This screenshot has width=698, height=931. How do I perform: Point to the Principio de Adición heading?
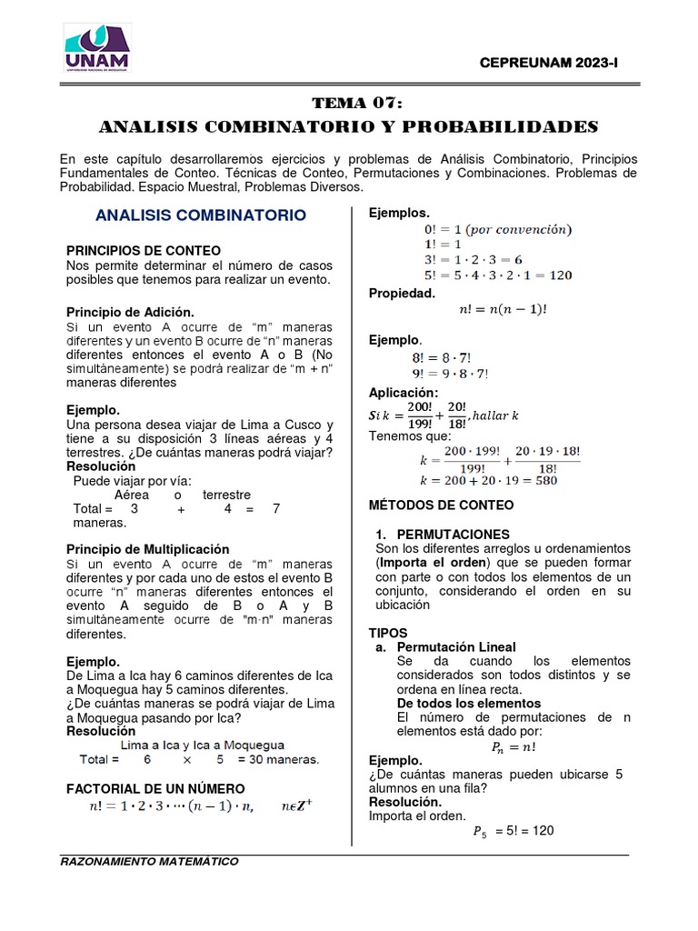click(131, 312)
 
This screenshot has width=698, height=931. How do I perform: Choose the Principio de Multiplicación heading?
click(148, 549)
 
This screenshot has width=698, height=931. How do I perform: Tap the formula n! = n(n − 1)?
click(504, 309)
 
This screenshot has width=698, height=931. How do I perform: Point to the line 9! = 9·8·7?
click(451, 373)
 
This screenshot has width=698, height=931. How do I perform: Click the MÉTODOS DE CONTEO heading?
click(441, 505)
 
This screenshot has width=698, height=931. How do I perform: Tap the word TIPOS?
click(388, 632)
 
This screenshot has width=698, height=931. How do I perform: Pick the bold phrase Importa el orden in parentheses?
click(430, 562)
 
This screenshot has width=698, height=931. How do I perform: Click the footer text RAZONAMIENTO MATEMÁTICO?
click(148, 861)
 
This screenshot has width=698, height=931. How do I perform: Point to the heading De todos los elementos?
click(469, 703)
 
